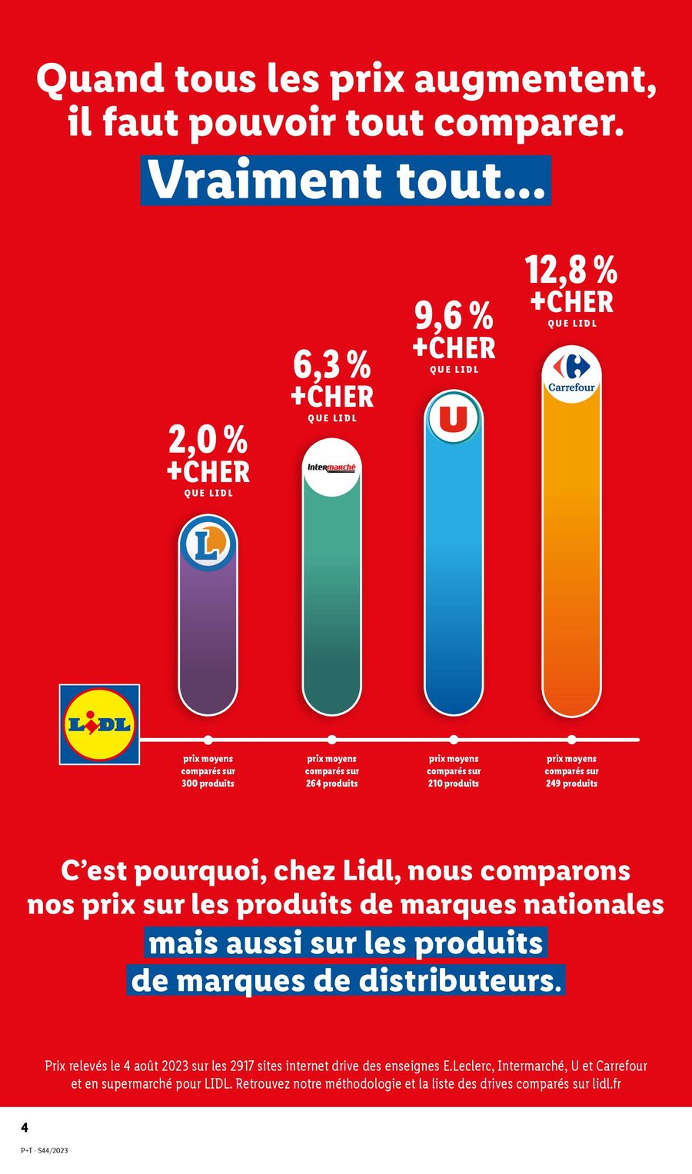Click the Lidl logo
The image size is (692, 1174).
(100, 724)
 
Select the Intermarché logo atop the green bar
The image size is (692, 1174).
(331, 467)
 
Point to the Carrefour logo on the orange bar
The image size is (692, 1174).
(571, 374)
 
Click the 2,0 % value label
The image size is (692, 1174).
(208, 441)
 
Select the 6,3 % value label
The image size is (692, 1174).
(331, 365)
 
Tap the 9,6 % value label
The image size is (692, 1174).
(454, 316)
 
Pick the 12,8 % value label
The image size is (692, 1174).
(571, 270)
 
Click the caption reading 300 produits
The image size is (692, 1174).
(208, 783)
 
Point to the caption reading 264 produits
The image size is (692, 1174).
(331, 783)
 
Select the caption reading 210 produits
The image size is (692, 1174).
(454, 783)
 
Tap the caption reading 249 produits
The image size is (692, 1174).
(571, 783)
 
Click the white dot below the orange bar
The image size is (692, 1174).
(571, 740)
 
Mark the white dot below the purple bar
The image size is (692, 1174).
(208, 740)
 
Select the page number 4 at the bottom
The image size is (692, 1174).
(25, 1128)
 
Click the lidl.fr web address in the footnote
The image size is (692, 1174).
(607, 1084)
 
